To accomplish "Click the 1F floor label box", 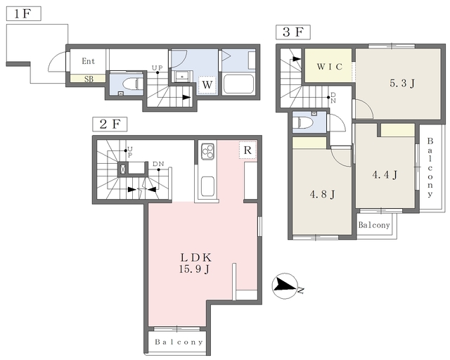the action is pos(23,14).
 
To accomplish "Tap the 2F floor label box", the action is pos(110,124).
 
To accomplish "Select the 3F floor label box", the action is pos(293,32).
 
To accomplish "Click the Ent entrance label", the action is pos(88,61).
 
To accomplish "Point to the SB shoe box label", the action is pos(89,79).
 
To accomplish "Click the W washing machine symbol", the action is pos(207,85).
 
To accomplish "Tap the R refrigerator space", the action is pos(247,150).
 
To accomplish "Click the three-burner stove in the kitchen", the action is pos(208,151).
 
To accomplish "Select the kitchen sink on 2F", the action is pos(207,186).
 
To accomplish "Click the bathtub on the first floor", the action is pos(238,84).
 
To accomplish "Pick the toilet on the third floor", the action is pos(306,122).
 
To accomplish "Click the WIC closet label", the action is pos(330,67).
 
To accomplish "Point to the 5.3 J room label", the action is pos(401,84).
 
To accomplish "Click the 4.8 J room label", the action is pos(323,195).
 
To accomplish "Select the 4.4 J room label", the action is pos(385,174).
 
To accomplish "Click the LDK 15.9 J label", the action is pos(195,263).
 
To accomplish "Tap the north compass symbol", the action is pos(285,286).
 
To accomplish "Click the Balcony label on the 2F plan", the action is pos(179,342).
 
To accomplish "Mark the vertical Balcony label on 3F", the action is pos(430,167).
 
